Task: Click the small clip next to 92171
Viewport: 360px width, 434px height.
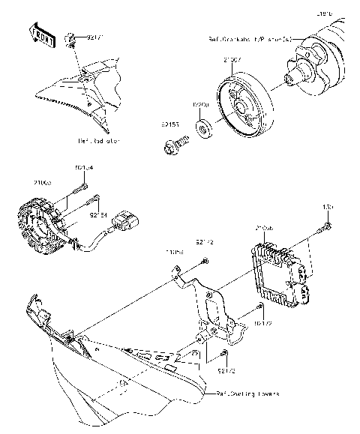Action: click(x=70, y=37)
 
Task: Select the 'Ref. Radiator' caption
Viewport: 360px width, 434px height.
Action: click(x=100, y=139)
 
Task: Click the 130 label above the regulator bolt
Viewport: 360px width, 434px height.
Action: click(x=327, y=206)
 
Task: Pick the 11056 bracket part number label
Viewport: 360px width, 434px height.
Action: click(x=175, y=253)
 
